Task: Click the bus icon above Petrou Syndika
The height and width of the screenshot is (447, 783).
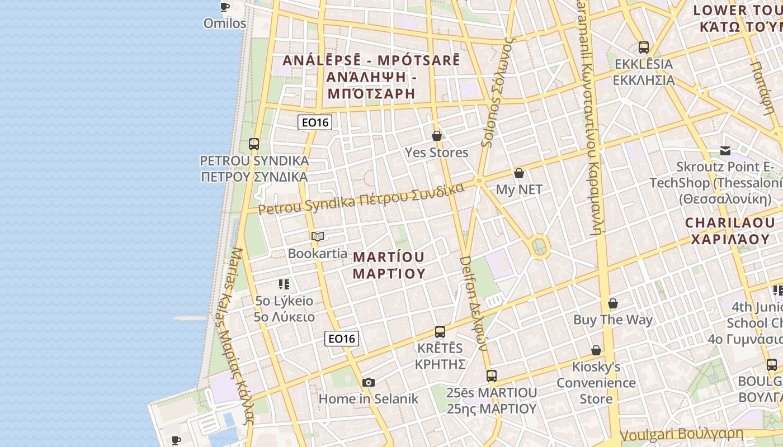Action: [x=254, y=144]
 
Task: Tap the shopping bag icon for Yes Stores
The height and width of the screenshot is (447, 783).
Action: [x=437, y=136]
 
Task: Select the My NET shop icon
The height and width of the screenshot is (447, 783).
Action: [x=519, y=173]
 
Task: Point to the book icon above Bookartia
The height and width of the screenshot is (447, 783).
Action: [x=318, y=237]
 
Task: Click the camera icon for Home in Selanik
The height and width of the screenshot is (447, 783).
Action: [x=368, y=382]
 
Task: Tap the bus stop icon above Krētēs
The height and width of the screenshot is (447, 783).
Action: [x=440, y=332]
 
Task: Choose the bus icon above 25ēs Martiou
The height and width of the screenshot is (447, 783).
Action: [x=491, y=376]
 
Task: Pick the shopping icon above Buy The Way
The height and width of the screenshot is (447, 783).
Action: [x=613, y=303]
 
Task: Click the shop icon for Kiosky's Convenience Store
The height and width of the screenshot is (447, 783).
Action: [x=596, y=350]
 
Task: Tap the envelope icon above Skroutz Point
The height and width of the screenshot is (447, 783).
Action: [x=725, y=150]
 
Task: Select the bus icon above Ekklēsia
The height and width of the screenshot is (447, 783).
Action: [x=644, y=47]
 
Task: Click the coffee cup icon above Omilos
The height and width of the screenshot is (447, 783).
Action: [x=224, y=7]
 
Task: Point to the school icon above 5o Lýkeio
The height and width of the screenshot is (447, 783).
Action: [x=284, y=284]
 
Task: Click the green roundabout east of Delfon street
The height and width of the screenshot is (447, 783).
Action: [x=539, y=246]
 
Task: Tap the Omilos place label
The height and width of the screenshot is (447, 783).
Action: [x=225, y=23]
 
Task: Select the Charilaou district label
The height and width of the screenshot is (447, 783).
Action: [x=728, y=231]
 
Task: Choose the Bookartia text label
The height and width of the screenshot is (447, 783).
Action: [x=318, y=253]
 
